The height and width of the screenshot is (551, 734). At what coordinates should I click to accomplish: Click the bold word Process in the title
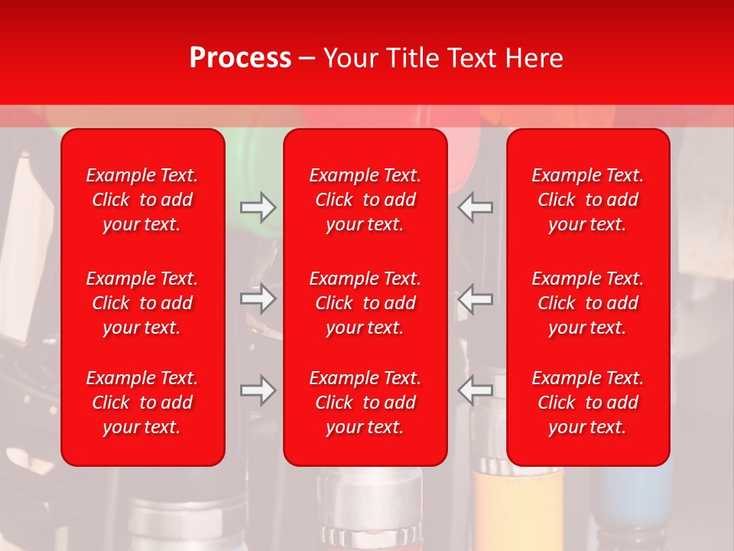pyautogui.click(x=240, y=58)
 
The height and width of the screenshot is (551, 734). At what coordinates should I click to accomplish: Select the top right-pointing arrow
pyautogui.click(x=258, y=207)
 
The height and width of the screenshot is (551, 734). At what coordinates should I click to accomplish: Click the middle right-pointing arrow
pyautogui.click(x=258, y=298)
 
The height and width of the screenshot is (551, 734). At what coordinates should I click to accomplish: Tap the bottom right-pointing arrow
pyautogui.click(x=258, y=390)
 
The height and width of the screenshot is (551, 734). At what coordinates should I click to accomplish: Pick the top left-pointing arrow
pyautogui.click(x=476, y=207)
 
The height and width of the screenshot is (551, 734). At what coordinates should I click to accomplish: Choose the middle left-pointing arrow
pyautogui.click(x=476, y=298)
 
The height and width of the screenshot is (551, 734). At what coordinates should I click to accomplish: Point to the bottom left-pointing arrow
pyautogui.click(x=476, y=390)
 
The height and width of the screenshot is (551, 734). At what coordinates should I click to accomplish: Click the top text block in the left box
pyautogui.click(x=142, y=200)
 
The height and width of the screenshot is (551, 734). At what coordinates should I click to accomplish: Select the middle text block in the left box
pyautogui.click(x=142, y=303)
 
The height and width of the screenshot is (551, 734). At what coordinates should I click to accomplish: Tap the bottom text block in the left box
pyautogui.click(x=142, y=403)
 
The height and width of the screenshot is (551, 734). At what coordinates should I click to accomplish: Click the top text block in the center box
pyautogui.click(x=365, y=200)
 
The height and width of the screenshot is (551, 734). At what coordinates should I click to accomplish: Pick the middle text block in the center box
pyautogui.click(x=365, y=303)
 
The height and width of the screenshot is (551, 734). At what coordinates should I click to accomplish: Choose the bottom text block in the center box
pyautogui.click(x=365, y=403)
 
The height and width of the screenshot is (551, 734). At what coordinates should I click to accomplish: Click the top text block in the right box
pyautogui.click(x=588, y=200)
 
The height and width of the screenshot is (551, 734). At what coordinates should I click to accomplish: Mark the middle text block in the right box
pyautogui.click(x=588, y=303)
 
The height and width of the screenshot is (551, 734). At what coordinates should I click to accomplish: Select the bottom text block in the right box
pyautogui.click(x=588, y=403)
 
